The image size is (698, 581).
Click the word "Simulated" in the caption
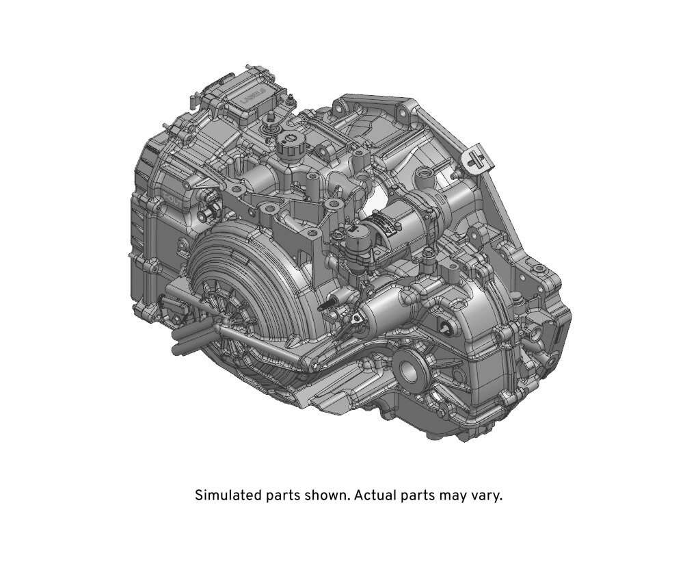click(x=228, y=495)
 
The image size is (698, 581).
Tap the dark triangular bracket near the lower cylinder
click(x=357, y=318)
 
